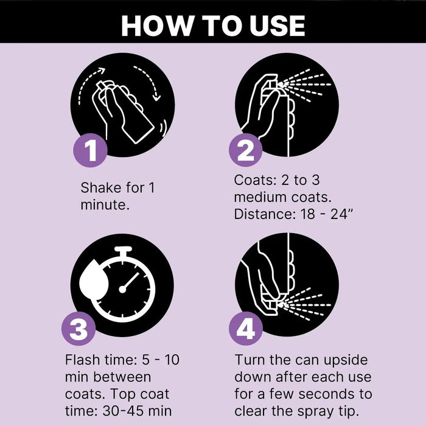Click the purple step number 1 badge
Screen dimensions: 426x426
(91, 150)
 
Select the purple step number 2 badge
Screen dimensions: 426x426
(246, 150)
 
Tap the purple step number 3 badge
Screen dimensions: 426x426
(79, 329)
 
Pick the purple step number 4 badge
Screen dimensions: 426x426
(246, 329)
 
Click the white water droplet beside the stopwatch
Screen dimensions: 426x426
(94, 280)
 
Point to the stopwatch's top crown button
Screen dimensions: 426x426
(123, 250)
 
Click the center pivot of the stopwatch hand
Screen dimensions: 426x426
(122, 289)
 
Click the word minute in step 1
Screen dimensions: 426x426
(103, 205)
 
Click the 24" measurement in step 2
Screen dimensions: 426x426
(341, 214)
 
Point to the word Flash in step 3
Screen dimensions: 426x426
(82, 360)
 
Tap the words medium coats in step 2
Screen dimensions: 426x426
(282, 197)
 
